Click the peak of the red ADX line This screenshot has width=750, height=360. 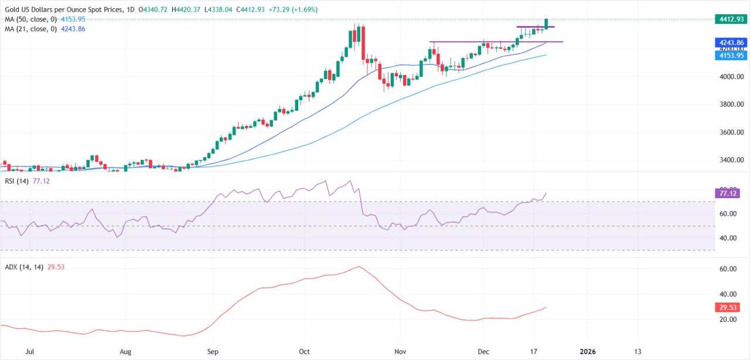pos(358,267)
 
